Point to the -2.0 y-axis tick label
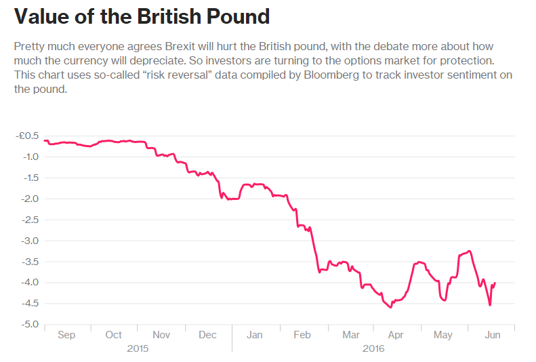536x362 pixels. tap(30, 199)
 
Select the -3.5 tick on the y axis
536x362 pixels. tap(30, 261)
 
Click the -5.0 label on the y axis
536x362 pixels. tap(30, 324)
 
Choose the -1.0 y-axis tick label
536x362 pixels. tap(30, 157)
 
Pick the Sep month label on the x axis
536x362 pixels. tap(66, 335)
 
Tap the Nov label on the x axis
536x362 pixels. tap(161, 335)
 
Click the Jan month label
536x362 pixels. tap(255, 335)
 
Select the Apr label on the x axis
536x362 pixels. tap(396, 335)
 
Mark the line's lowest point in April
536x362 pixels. tap(391, 308)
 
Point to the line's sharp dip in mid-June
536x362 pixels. tap(490, 305)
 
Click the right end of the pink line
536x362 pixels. tap(495, 283)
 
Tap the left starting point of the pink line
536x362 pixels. tap(44, 140)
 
